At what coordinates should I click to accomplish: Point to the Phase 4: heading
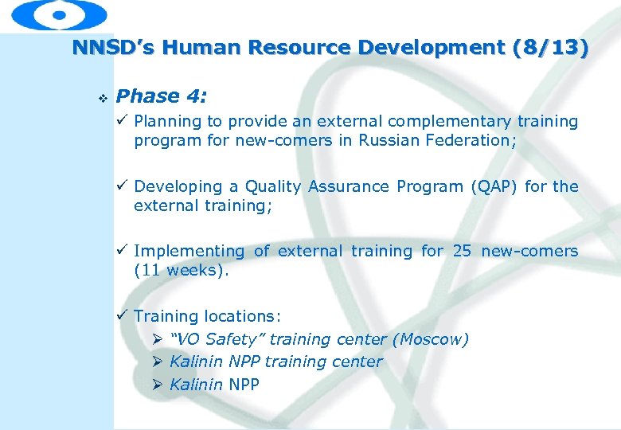[x=161, y=96]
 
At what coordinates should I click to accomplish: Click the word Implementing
[x=189, y=252]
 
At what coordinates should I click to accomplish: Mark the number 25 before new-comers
[x=462, y=251]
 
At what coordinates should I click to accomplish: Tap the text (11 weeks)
[x=182, y=271]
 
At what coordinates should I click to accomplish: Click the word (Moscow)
[x=430, y=339]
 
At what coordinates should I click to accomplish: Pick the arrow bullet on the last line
[x=158, y=385]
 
